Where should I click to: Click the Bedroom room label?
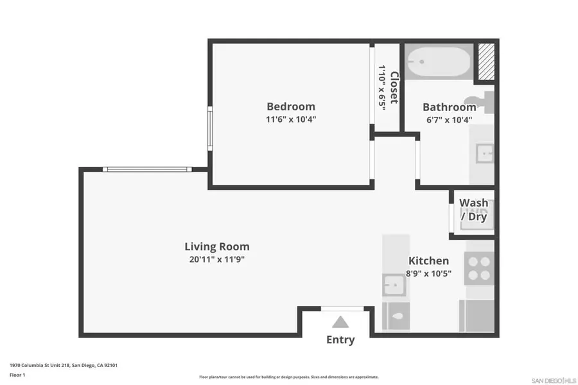[x=291, y=107]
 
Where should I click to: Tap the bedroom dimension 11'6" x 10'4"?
[x=291, y=119]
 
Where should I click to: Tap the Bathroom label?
[x=449, y=107]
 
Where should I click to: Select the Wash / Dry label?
[x=473, y=210]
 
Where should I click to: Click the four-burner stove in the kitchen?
[x=478, y=268]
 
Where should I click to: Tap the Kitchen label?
[x=428, y=261]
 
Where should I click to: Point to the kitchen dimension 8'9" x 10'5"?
[x=428, y=273]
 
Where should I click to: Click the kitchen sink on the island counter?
[x=393, y=284]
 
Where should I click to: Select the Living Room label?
[x=216, y=246]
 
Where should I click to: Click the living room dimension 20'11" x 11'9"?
[x=216, y=259]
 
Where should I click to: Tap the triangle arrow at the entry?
[x=340, y=322]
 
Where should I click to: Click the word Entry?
[x=340, y=340]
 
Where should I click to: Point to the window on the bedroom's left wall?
[x=210, y=128]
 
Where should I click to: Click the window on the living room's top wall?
[x=147, y=169]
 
